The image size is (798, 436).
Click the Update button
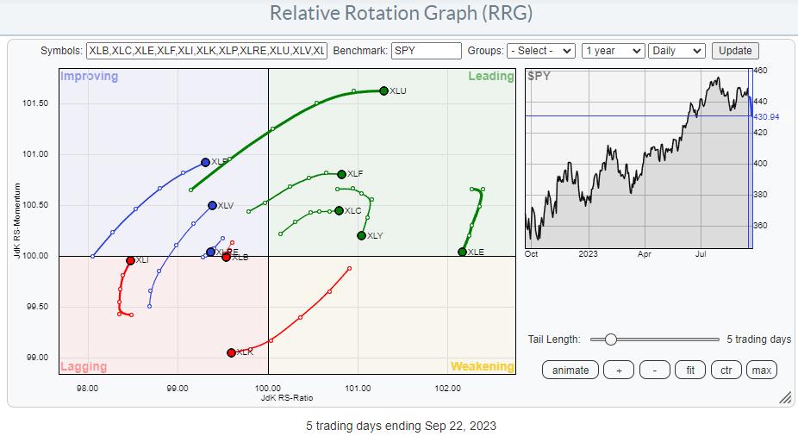[735, 51]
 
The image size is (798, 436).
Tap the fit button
[690, 370]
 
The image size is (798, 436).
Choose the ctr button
[726, 370]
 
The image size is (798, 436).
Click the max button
[761, 370]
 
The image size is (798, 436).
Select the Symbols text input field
[206, 51]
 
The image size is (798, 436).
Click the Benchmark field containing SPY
[426, 51]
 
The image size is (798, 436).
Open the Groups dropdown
[541, 51]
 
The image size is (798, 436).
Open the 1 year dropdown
[613, 51]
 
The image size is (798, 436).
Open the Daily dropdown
[676, 51]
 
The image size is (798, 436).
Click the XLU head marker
[384, 90]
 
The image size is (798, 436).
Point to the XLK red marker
[231, 352]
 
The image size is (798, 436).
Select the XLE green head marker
[463, 252]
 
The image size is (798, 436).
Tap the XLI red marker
[130, 260]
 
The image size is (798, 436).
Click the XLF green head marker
[341, 174]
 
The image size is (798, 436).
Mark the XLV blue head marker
[212, 205]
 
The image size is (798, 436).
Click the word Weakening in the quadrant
[482, 366]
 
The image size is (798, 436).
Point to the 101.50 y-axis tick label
[34, 103]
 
